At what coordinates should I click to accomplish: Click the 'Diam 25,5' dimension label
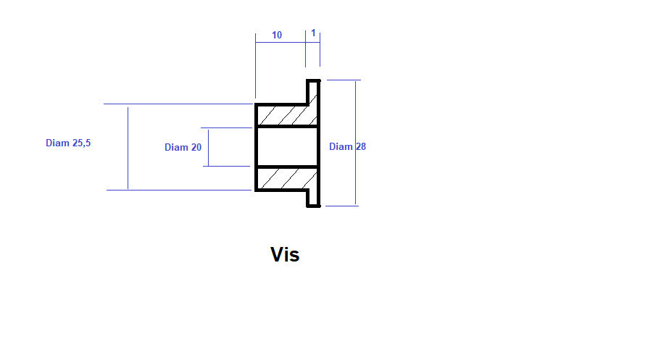(68, 143)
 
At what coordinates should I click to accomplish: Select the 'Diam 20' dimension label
(183, 147)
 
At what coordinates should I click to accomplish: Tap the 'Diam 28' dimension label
(347, 146)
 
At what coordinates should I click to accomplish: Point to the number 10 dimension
(277, 35)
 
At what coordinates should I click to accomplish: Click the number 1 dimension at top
(313, 33)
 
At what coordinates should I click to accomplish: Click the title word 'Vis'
(285, 255)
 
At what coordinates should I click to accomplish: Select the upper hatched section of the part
(287, 115)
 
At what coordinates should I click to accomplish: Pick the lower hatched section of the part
(287, 178)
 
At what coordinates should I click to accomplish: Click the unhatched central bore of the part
(287, 147)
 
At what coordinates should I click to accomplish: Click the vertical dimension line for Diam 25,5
(128, 148)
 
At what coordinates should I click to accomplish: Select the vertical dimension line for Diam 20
(208, 147)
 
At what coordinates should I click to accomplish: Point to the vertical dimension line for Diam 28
(355, 143)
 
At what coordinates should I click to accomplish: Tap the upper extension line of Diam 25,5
(178, 104)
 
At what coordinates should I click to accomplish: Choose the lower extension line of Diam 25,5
(179, 190)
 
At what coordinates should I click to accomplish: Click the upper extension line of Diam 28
(344, 80)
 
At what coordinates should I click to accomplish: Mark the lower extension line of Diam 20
(226, 166)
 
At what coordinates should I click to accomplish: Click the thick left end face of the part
(256, 147)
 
